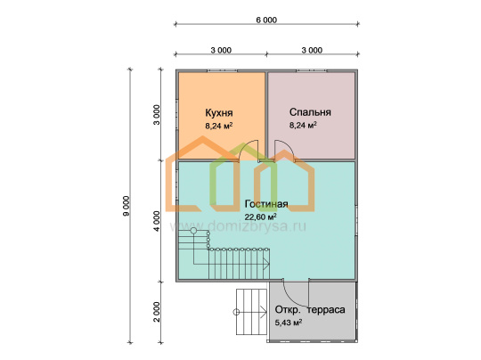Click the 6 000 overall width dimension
pyautogui.click(x=266, y=20)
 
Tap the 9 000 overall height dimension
pyautogui.click(x=126, y=206)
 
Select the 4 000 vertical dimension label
pyautogui.click(x=157, y=221)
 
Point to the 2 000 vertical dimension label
pyautogui.click(x=157, y=312)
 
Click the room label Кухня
pyautogui.click(x=219, y=112)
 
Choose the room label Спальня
pyautogui.click(x=310, y=112)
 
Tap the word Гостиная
pyautogui.click(x=266, y=204)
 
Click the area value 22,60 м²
pyautogui.click(x=260, y=217)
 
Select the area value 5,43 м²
pyautogui.click(x=289, y=323)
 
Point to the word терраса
pyautogui.click(x=326, y=310)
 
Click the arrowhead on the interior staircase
pyautogui.click(x=266, y=264)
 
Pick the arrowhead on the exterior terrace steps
pyautogui.click(x=264, y=312)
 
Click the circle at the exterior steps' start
pyautogui.click(x=236, y=312)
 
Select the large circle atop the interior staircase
pyautogui.click(x=193, y=231)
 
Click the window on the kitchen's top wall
pyautogui.click(x=222, y=70)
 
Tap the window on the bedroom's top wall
pyautogui.click(x=312, y=70)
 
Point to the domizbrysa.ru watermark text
pyautogui.click(x=238, y=226)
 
